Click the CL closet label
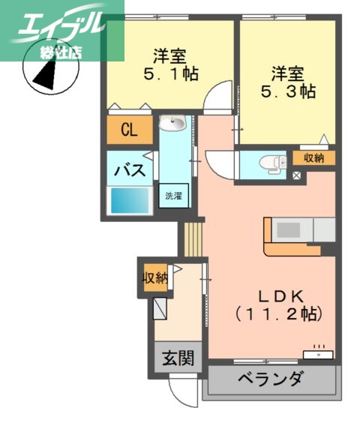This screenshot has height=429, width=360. tap(129, 131)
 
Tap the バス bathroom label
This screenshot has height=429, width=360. tap(128, 171)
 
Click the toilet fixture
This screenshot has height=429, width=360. tap(274, 163)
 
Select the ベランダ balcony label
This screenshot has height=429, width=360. tap(271, 379)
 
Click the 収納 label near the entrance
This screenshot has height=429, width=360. tap(154, 277)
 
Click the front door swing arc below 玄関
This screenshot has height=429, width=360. tap(184, 390)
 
